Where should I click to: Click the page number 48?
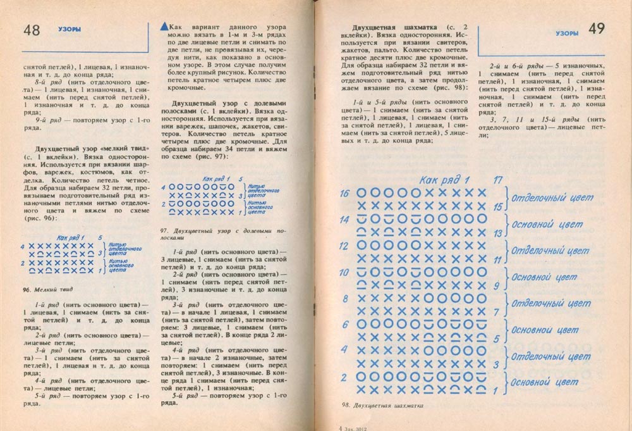point(31,30)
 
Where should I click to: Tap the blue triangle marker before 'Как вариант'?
point(166,27)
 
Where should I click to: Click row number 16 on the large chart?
point(344,194)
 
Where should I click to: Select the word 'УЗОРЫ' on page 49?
point(566,32)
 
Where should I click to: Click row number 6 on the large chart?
point(345,325)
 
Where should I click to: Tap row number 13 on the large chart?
point(497,232)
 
